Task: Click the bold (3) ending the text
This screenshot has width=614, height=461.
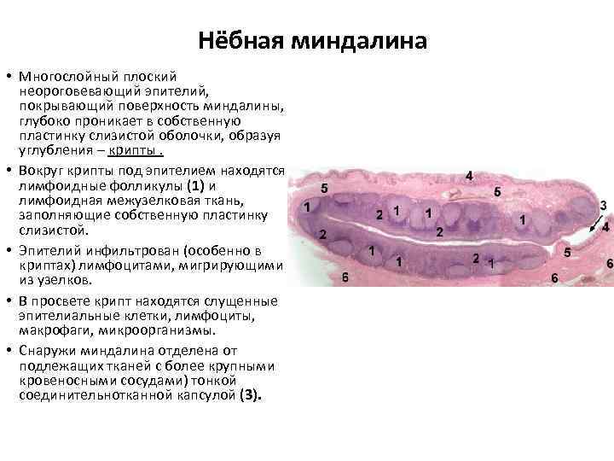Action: coord(251,396)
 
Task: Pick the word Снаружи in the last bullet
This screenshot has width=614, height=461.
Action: coord(49,350)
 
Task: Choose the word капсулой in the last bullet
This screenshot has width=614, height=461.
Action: coord(206,396)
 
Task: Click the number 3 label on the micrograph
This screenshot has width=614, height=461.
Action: coord(603,206)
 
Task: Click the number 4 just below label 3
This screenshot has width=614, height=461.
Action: coord(605,227)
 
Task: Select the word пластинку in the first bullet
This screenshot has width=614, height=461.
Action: coord(56,137)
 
